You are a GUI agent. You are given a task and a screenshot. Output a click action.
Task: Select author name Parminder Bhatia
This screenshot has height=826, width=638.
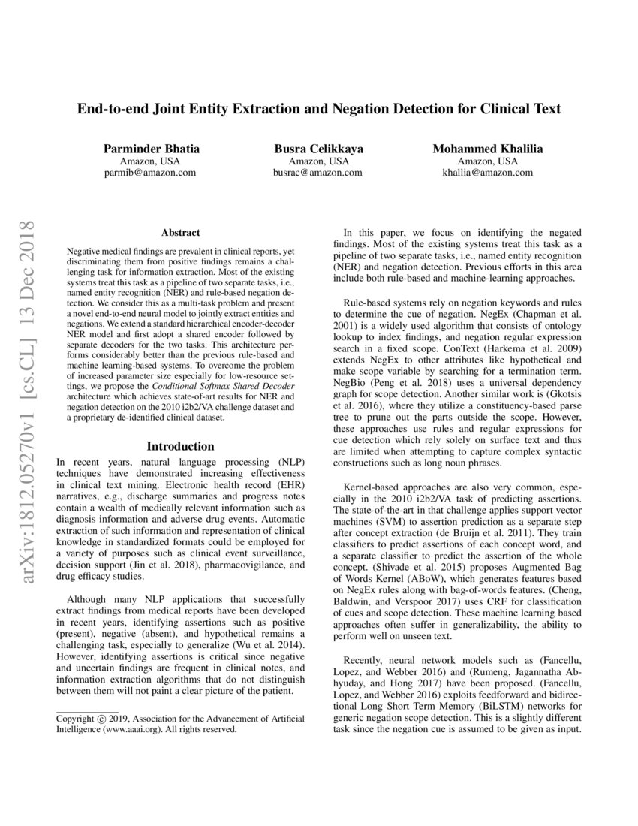150,149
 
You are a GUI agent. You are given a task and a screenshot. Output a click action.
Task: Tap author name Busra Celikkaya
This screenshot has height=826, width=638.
318,149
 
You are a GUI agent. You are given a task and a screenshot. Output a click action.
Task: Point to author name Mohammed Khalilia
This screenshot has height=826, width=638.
487,149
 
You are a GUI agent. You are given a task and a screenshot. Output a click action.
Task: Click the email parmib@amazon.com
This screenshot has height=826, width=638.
150,172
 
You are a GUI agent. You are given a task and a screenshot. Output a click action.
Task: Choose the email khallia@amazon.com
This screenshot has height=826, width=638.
487,172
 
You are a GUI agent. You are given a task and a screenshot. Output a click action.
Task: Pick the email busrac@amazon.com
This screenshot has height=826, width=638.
318,172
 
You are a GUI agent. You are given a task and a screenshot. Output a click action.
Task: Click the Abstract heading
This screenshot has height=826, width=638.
180,234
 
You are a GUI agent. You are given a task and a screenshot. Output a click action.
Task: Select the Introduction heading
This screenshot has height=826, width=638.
180,446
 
